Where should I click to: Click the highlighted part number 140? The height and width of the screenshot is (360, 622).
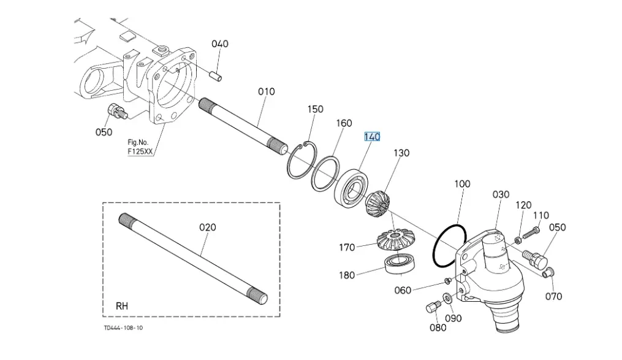372,137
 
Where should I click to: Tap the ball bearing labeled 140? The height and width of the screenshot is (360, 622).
351,188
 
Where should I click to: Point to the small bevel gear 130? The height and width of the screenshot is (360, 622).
377,203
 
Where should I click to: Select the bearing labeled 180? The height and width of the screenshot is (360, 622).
400,264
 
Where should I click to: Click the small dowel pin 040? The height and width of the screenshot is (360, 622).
216,75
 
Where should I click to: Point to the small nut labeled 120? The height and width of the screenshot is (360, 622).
518,240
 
